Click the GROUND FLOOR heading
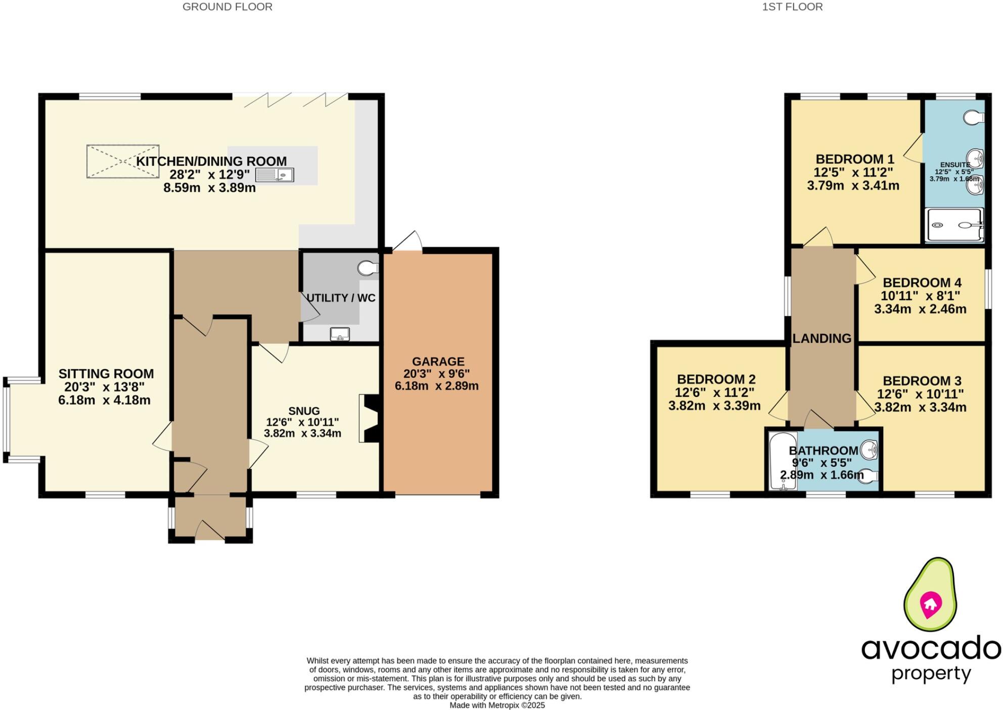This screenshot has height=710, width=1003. [227, 7]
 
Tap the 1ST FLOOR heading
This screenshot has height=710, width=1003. [792, 7]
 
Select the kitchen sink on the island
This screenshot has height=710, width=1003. [275, 175]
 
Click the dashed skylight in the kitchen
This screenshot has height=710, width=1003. [123, 161]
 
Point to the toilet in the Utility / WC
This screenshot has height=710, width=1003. [368, 268]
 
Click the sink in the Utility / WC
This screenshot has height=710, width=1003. [340, 334]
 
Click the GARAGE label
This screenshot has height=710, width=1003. [438, 362]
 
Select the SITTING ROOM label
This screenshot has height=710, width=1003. [106, 374]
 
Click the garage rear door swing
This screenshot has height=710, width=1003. [409, 242]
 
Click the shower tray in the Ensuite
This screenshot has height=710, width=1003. [954, 226]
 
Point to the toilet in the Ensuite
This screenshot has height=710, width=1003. [973, 118]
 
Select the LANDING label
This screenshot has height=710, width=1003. [822, 338]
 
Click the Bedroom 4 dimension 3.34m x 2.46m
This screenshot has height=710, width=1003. [920, 309]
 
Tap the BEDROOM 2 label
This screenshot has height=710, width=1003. [716, 379]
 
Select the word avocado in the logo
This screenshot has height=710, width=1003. [931, 648]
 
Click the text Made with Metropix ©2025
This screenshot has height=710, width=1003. [497, 705]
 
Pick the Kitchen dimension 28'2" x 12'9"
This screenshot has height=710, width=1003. [210, 175]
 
